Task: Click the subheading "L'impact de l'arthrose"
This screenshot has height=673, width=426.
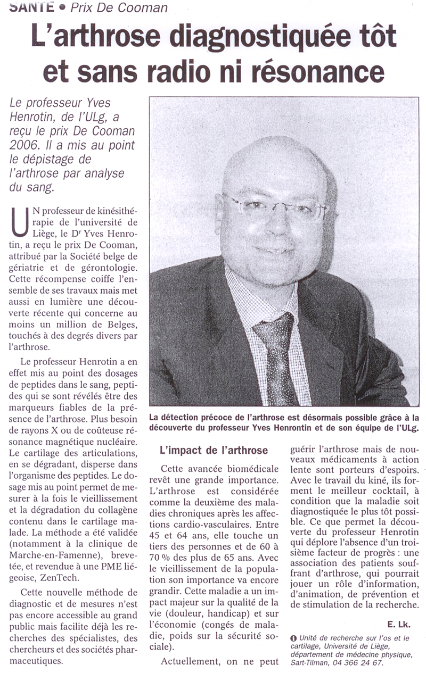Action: click(x=214, y=450)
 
